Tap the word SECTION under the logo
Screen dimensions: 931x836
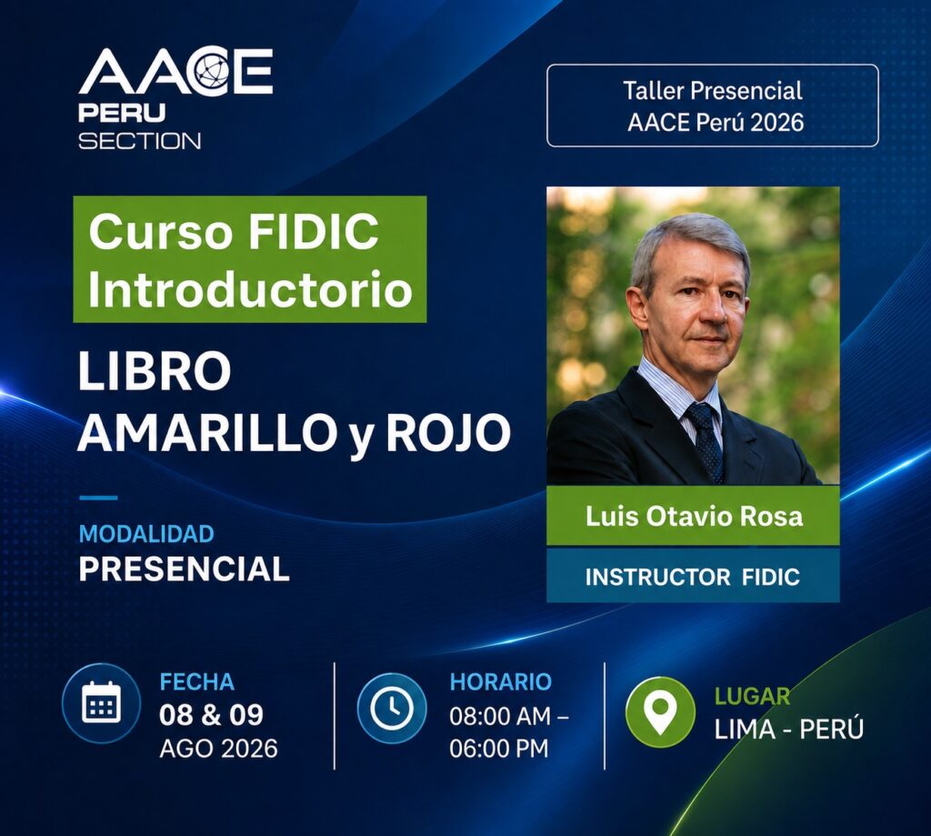(x=139, y=141)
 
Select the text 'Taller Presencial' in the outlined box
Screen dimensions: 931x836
(x=713, y=91)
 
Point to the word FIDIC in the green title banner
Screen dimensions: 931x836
(x=314, y=231)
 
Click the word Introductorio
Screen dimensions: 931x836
(x=250, y=289)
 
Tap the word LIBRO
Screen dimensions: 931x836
(x=155, y=371)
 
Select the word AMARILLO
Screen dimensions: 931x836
(x=205, y=431)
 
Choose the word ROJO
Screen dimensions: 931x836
(x=449, y=431)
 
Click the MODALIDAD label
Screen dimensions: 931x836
(x=146, y=534)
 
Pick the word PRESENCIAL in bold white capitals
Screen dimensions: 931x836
(x=184, y=569)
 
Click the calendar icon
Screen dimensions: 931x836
(x=101, y=702)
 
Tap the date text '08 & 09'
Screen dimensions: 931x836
(x=211, y=715)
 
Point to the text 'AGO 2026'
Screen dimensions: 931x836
(x=218, y=749)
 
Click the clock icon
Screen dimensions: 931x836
(x=392, y=707)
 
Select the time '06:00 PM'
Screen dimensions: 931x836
(x=499, y=749)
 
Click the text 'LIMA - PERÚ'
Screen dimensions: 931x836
(x=788, y=729)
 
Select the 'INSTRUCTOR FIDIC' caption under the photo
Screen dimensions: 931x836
(x=692, y=577)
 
